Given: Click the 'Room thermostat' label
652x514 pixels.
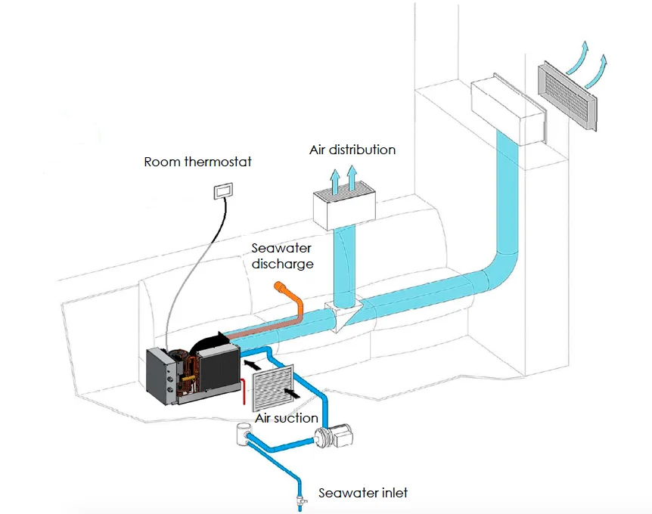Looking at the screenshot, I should coord(197,162).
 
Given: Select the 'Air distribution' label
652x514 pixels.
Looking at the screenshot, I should coord(352,150).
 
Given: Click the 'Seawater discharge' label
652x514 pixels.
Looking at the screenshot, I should coord(283,255).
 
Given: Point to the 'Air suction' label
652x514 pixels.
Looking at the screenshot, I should coord(287,417).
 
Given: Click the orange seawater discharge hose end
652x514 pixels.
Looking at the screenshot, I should coord(283,287).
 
